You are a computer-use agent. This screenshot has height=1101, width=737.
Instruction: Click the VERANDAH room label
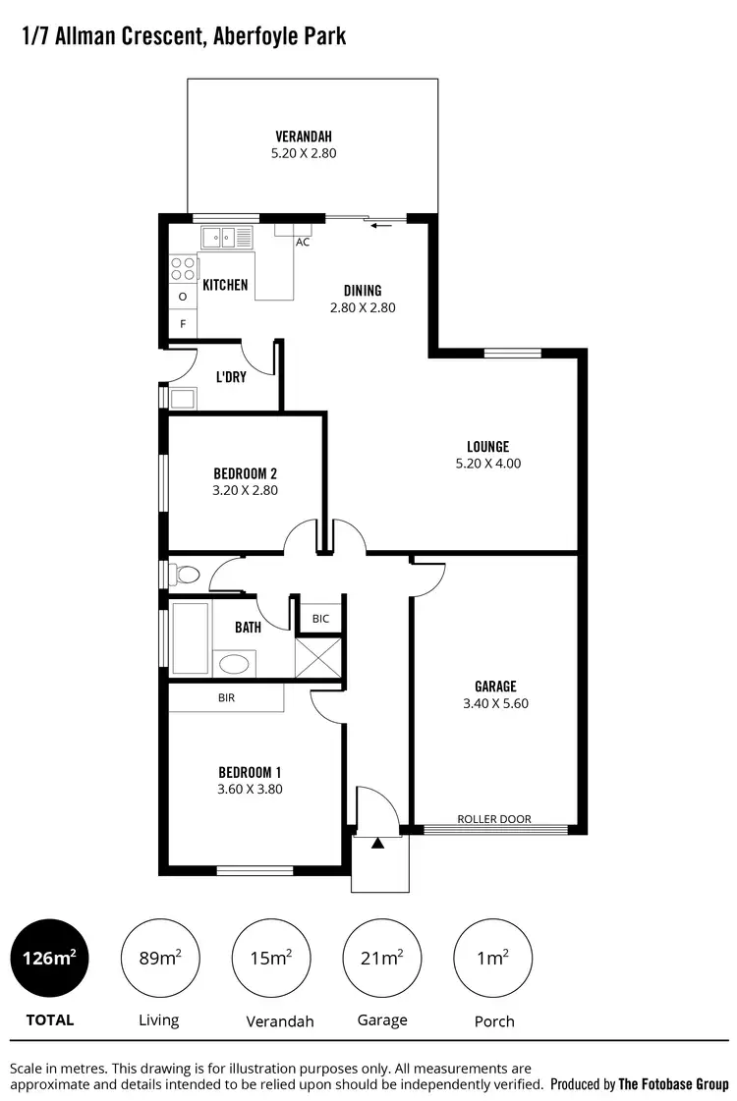[304, 137]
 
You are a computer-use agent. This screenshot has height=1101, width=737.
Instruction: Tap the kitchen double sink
[227, 236]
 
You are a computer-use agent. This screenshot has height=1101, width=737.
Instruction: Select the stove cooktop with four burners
[183, 268]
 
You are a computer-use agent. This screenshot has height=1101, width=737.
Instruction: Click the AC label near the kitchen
[303, 242]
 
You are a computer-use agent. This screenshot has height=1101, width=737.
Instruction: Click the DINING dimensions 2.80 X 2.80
[362, 307]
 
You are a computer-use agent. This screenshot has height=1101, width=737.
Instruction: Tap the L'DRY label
[231, 376]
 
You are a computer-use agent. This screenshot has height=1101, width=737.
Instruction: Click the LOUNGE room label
[488, 446]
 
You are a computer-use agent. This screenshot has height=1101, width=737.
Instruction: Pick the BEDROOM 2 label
[246, 472]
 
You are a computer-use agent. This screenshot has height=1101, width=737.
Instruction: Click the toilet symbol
[184, 573]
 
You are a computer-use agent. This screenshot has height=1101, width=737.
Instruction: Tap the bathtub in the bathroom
[190, 637]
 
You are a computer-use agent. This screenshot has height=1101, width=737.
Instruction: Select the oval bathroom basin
[234, 663]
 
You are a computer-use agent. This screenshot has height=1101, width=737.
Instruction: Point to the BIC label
[320, 619]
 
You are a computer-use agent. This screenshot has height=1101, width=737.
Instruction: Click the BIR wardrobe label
[227, 697]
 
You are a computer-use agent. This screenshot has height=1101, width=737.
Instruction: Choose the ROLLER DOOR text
[494, 819]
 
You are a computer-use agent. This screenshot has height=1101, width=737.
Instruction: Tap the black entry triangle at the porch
[378, 842]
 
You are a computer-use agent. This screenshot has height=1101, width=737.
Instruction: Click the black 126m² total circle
[49, 958]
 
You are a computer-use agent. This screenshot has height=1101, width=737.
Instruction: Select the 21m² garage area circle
[382, 958]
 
